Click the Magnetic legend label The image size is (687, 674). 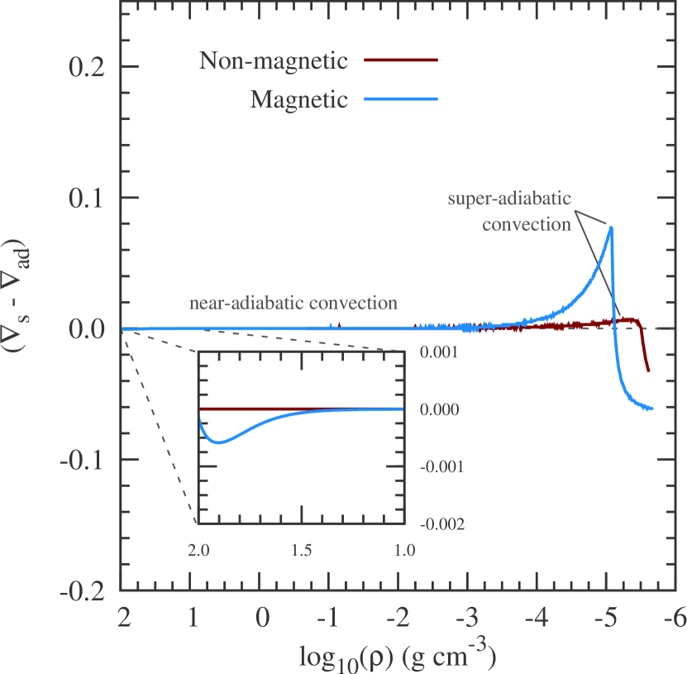click(299, 100)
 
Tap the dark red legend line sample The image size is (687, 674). click(403, 60)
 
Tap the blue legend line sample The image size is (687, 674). click(403, 99)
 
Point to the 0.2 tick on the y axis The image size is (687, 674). click(86, 67)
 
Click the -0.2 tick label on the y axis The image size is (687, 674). click(82, 590)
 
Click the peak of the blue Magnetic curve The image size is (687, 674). click(611, 227)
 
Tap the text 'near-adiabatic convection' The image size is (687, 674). click(293, 303)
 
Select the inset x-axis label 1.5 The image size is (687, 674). click(301, 549)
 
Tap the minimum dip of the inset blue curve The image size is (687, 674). click(217, 442)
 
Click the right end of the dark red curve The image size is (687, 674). click(648, 370)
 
